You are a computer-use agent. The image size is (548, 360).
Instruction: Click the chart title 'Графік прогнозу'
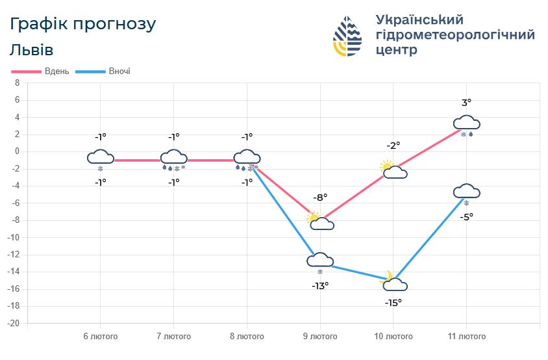(x=83, y=24)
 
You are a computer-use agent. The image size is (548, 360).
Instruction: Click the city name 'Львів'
(x=32, y=50)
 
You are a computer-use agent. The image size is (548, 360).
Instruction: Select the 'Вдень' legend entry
(x=56, y=71)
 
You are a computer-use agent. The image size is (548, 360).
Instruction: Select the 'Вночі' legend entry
(x=119, y=71)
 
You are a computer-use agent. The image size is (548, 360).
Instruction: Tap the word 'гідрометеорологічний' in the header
(x=455, y=34)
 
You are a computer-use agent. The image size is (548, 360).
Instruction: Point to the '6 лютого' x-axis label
(x=101, y=337)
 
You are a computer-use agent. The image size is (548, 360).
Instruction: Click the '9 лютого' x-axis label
(x=320, y=337)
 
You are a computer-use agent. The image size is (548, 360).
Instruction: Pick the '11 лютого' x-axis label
(x=467, y=337)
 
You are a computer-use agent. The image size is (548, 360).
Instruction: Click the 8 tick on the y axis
(x=18, y=83)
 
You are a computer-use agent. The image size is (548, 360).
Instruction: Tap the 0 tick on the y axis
(x=18, y=151)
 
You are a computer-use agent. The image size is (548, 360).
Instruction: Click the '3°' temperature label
(x=466, y=103)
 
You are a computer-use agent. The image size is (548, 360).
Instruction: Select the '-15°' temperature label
(x=393, y=302)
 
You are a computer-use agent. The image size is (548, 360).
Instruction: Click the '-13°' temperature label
(x=320, y=285)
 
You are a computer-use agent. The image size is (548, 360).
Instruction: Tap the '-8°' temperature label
(x=320, y=197)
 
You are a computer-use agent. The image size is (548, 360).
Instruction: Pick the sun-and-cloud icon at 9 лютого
(x=321, y=222)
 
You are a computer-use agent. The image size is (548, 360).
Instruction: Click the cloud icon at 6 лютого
(x=101, y=157)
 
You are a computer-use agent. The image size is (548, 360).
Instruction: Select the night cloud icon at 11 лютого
(x=466, y=191)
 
